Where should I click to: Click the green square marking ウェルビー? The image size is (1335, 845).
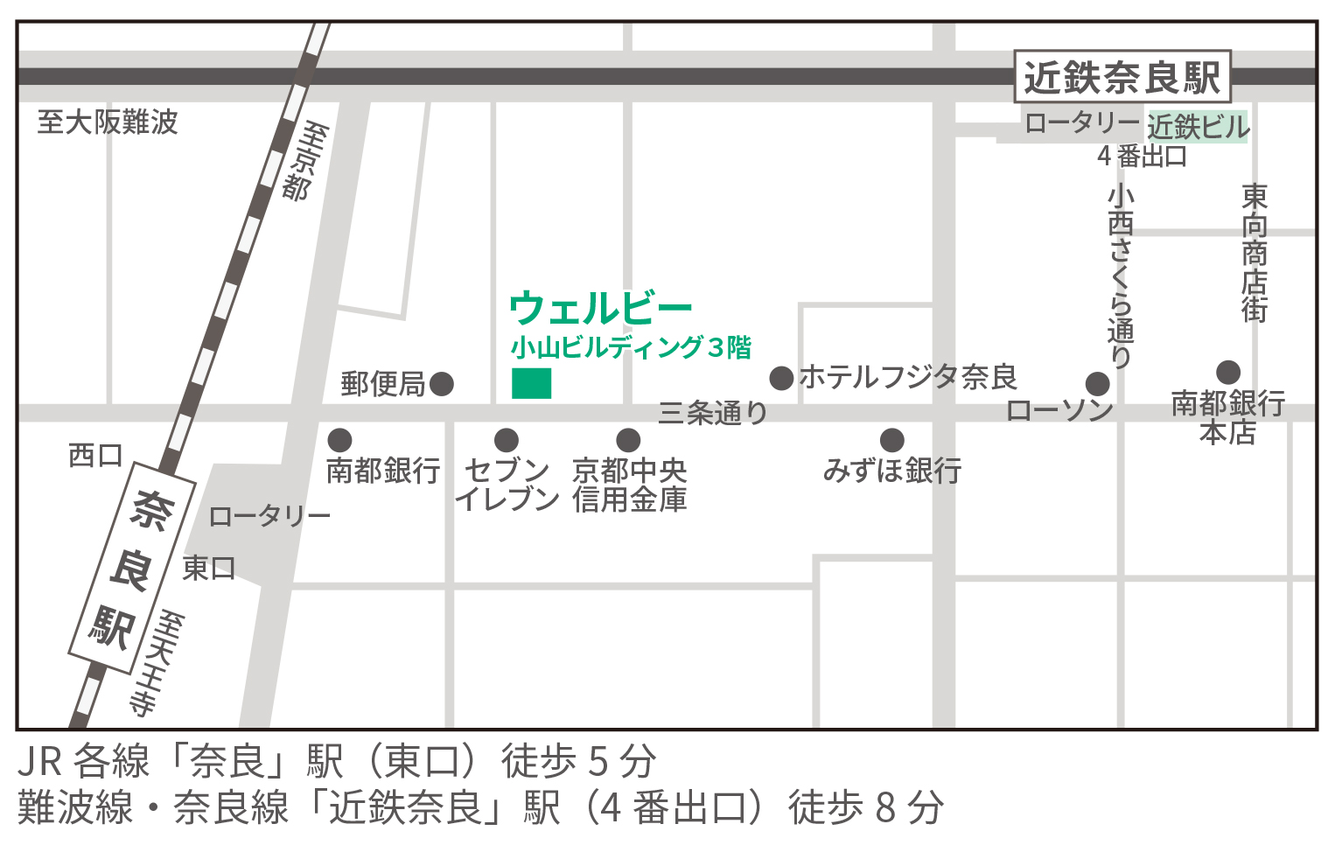point(531,383)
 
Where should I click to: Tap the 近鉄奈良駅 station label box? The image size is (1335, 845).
point(1122,77)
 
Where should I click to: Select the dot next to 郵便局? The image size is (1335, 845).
point(442,383)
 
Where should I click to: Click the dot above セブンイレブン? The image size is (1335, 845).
point(507,439)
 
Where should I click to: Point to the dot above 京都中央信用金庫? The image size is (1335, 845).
point(628,439)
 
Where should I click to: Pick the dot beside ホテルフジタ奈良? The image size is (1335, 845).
point(781,378)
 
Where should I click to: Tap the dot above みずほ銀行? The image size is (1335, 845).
point(891,439)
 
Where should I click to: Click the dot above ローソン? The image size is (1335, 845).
point(1097,383)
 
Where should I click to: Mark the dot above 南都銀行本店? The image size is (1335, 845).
point(1228,373)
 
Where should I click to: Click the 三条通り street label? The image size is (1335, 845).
point(712,412)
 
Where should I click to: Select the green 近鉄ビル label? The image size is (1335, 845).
point(1198,127)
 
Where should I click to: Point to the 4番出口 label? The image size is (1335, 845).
point(1142,156)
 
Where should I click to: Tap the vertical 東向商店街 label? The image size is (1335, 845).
point(1255,253)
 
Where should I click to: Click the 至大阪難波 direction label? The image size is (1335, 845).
point(108,122)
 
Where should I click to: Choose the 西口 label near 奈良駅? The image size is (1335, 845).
point(95,455)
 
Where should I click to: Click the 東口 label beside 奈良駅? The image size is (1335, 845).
point(208,568)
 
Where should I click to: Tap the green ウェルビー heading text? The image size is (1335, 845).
point(600,308)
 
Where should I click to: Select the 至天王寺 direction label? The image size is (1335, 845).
point(157,663)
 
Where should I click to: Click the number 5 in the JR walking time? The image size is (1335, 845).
point(598,762)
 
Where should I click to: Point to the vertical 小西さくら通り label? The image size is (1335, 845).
point(1121,275)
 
